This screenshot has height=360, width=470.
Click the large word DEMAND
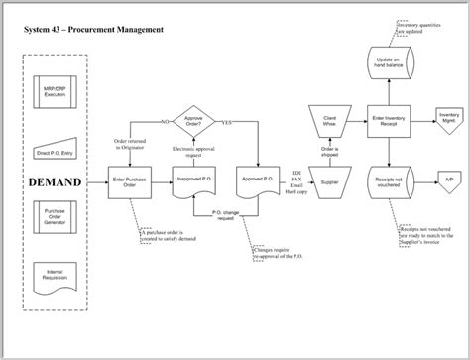click(x=56, y=183)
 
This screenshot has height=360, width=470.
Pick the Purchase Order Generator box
click(x=56, y=216)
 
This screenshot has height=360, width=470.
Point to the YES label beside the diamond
click(x=227, y=124)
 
